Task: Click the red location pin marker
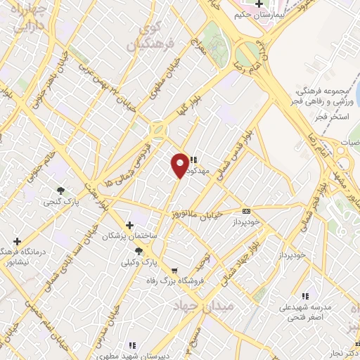pyautogui.click(x=180, y=165)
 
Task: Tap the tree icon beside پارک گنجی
pyautogui.click(x=62, y=190)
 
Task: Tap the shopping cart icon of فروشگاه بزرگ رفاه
pyautogui.click(x=174, y=271)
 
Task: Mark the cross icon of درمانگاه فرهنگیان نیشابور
pyautogui.click(x=18, y=241)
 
